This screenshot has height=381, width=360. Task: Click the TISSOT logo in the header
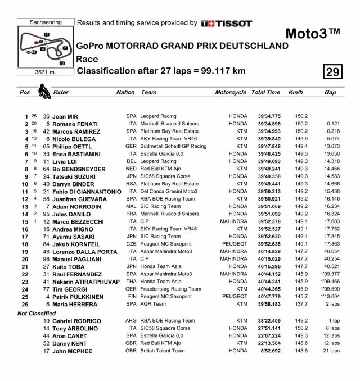(227, 23)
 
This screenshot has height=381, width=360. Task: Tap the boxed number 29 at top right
(332, 72)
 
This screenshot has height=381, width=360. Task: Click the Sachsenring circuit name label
(46, 22)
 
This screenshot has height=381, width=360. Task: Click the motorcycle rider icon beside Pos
(43, 90)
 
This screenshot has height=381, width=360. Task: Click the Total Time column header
(265, 93)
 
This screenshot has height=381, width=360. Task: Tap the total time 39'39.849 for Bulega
(269, 139)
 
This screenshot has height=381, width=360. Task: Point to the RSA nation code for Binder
(131, 184)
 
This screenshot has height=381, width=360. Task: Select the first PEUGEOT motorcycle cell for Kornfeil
(235, 244)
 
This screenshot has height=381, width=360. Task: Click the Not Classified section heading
(38, 312)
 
